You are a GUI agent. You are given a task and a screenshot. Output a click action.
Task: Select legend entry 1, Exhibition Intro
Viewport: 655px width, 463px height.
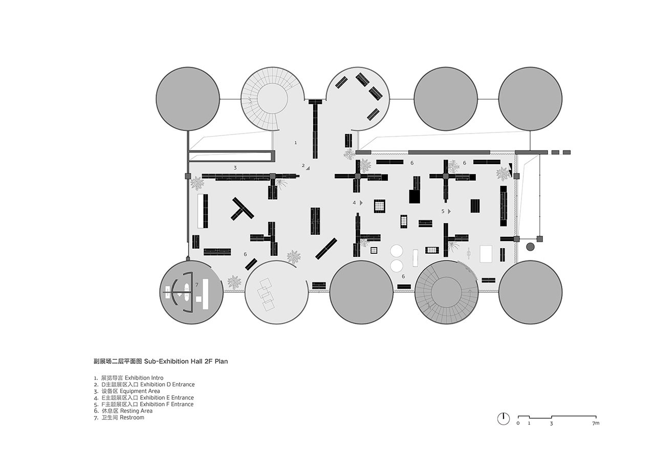tap(128, 378)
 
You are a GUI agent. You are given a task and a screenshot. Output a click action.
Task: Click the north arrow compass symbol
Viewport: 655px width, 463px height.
tap(504, 418)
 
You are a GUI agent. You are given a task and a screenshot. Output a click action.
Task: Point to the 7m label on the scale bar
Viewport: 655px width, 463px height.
tap(596, 424)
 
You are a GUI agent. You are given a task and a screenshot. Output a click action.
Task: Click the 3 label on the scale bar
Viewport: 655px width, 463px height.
tap(552, 424)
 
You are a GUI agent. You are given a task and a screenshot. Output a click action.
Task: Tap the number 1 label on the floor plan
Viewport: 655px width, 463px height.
tap(296, 143)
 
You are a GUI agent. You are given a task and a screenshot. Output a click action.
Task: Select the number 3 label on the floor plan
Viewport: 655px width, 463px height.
tap(235, 168)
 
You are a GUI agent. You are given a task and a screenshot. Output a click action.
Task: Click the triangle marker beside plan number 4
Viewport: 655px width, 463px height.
tap(361, 203)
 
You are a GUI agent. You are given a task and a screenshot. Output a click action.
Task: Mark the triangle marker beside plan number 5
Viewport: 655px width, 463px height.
tap(449, 211)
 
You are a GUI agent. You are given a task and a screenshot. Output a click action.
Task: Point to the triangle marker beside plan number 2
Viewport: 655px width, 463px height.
tap(309, 167)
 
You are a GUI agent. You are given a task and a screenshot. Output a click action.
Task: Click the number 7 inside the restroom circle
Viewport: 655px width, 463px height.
tap(196, 285)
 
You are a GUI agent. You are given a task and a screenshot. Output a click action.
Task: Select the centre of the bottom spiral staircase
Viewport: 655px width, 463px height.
tap(447, 292)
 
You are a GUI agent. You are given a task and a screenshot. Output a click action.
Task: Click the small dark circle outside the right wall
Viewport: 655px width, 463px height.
tap(530, 247)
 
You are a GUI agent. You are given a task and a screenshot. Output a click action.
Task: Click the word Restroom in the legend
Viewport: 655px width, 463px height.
tap(132, 417)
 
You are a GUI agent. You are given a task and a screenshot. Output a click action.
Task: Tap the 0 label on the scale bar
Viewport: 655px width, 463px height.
tap(518, 424)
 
